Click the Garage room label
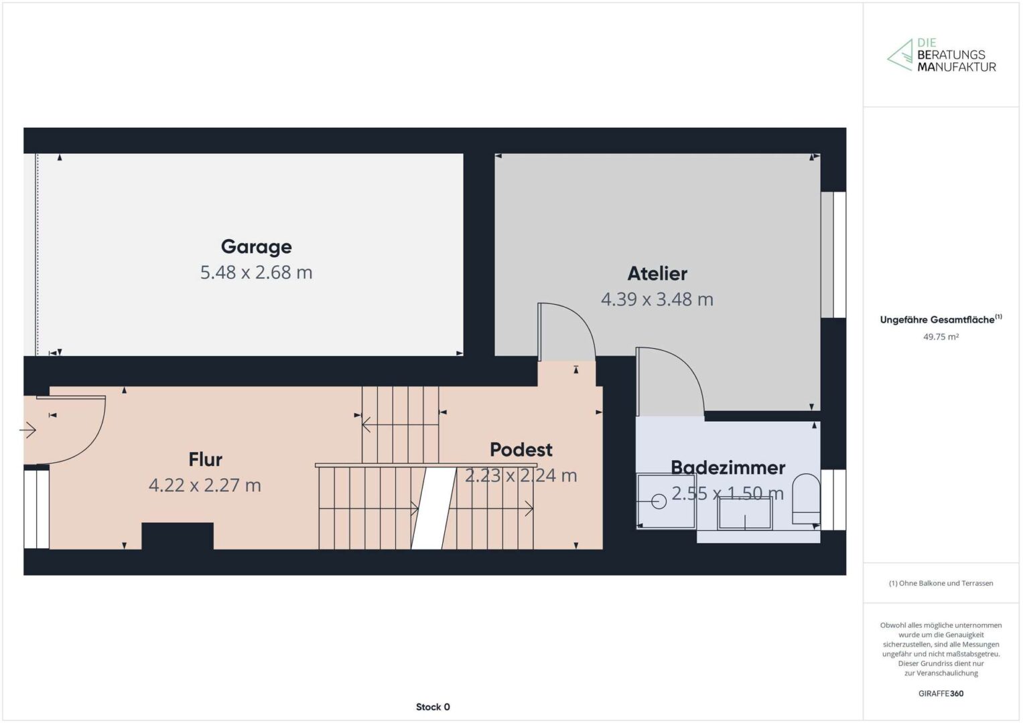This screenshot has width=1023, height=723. (256, 247)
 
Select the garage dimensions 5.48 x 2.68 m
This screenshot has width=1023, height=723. (256, 272)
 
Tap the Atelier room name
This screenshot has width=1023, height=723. (657, 273)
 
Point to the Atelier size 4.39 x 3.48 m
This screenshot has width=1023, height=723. (657, 299)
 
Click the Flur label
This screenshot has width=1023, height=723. (206, 459)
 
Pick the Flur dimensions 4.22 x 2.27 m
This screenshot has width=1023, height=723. (205, 485)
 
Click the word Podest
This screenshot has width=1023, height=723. (521, 450)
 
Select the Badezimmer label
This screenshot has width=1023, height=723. (728, 467)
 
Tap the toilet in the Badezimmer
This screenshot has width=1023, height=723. (806, 499)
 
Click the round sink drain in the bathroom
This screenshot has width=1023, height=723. (659, 501)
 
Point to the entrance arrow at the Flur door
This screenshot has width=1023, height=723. (28, 430)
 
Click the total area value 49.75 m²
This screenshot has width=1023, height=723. (941, 337)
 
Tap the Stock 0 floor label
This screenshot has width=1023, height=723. (433, 707)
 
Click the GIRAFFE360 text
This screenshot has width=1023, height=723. (941, 694)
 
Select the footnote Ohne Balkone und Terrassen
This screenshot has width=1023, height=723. (941, 583)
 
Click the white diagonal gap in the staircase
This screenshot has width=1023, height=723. (434, 508)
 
